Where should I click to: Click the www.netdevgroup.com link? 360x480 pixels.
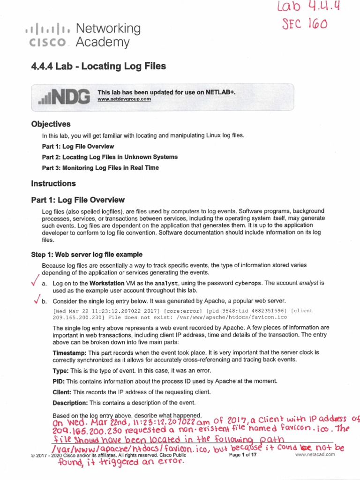(124, 99)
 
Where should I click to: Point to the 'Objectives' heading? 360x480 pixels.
(51, 124)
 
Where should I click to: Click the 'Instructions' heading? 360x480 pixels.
(53, 183)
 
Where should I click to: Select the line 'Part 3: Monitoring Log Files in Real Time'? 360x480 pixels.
(100, 168)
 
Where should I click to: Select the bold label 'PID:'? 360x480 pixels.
(59, 381)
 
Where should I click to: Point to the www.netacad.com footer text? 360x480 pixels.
(315, 455)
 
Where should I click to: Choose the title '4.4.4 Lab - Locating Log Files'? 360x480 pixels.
(98, 66)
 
